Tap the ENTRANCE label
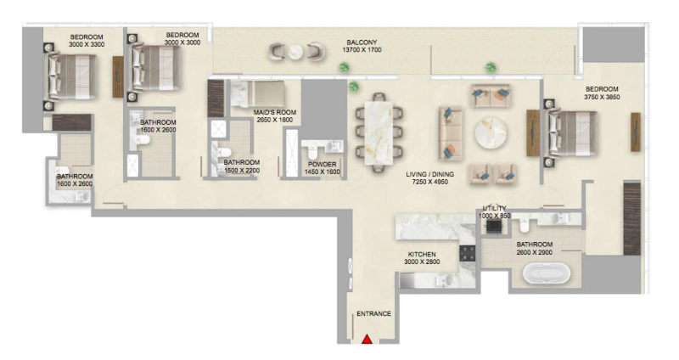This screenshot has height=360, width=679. (373, 314)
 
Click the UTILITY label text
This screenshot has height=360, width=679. (494, 207)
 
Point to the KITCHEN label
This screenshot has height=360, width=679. (422, 254)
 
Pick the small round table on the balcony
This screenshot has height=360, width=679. (295, 52)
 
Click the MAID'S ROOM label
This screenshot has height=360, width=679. (274, 112)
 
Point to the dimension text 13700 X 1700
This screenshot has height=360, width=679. (362, 51)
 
